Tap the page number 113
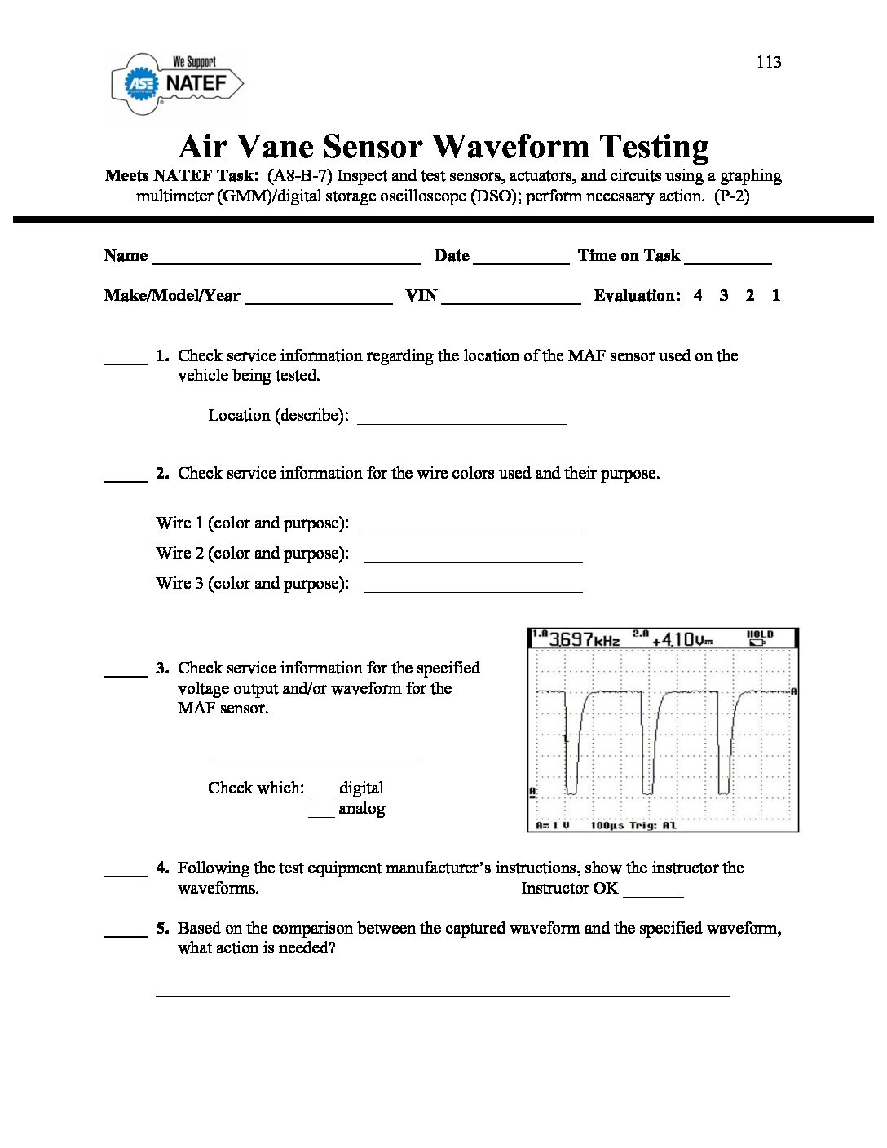768,62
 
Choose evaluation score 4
698,295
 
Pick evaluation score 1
775,295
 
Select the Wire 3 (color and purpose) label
252,583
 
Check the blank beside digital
321,793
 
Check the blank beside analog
321,814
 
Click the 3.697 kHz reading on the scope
582,638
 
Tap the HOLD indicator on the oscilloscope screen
759,637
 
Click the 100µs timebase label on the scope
607,825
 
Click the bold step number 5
162,928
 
